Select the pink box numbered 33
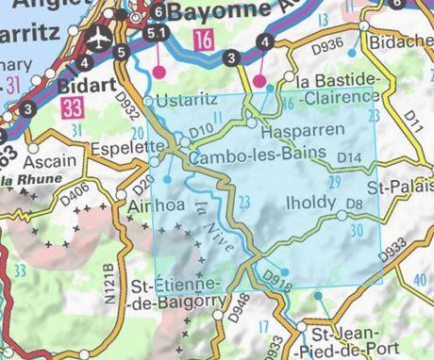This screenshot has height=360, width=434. coord(73,109)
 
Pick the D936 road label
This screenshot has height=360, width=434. coord(325,41)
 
